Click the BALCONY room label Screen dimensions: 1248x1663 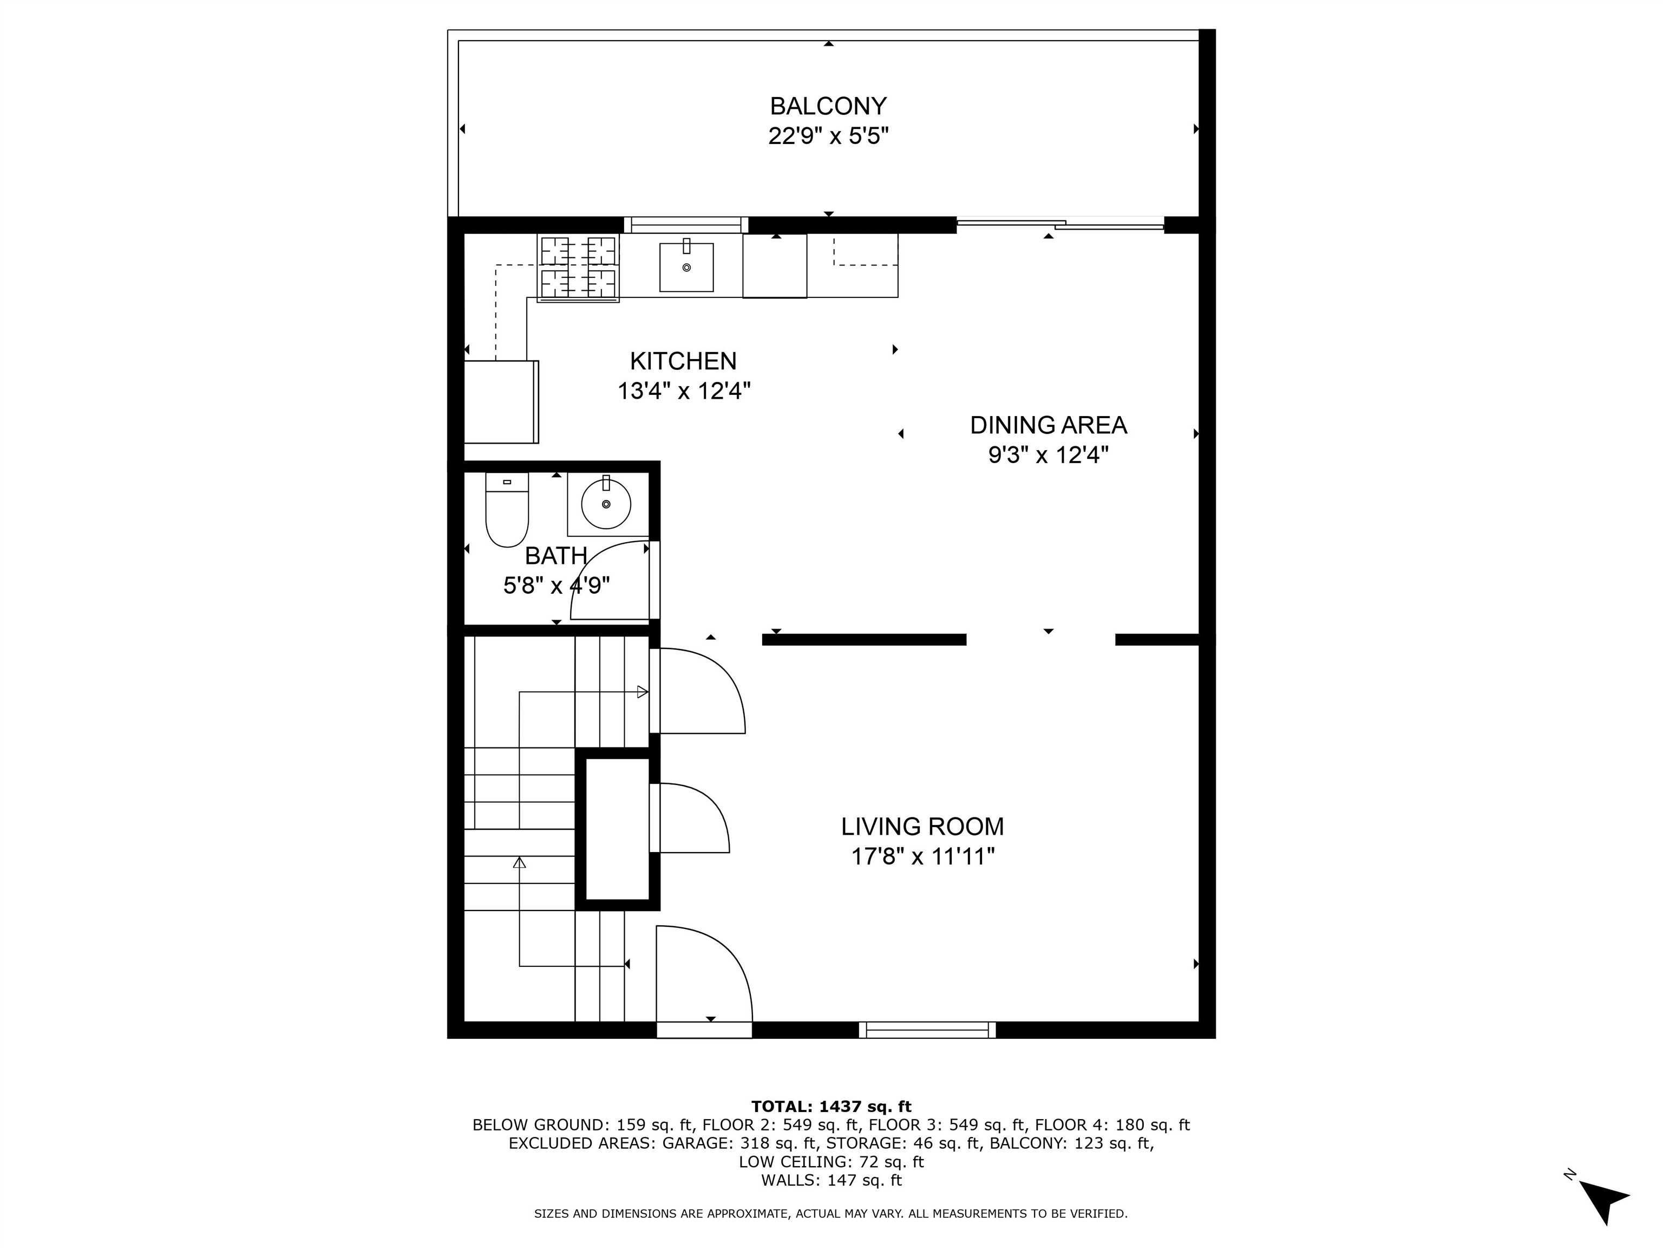click(828, 106)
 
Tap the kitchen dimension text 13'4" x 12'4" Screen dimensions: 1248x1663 click(683, 391)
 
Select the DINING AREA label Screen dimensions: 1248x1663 click(1048, 425)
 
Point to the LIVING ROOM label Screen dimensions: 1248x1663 click(922, 827)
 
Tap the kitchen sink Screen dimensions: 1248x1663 click(686, 267)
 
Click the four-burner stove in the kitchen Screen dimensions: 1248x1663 click(578, 268)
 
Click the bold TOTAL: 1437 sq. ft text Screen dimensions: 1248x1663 click(831, 1107)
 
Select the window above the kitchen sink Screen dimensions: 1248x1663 click(686, 224)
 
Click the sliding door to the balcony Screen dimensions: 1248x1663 click(1060, 223)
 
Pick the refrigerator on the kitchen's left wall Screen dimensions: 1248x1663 click(501, 402)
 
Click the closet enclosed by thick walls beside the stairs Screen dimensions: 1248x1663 click(617, 829)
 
